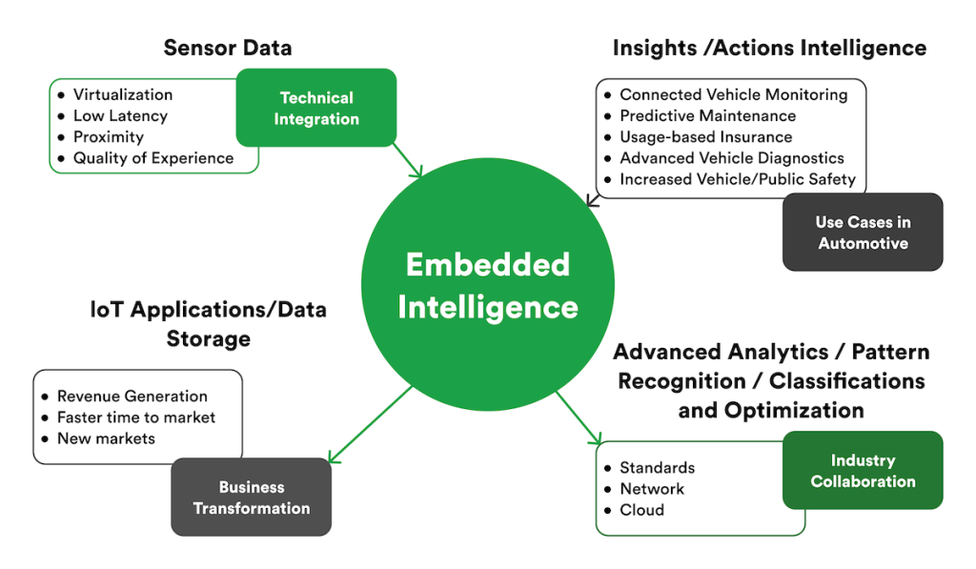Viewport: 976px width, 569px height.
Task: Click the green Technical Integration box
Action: coord(316,108)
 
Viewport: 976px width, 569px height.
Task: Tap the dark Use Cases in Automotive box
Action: coord(863,233)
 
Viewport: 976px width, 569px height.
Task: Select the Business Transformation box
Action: coord(251,498)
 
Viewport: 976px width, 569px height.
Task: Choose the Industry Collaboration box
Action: coord(863,471)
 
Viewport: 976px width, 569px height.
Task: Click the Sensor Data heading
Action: coord(228,48)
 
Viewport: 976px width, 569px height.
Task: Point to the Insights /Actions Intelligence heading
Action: coord(769,48)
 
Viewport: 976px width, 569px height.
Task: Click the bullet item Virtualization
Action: coord(123,95)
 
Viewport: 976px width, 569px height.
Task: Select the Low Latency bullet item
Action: coord(120,116)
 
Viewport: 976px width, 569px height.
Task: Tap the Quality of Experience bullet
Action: coord(152,158)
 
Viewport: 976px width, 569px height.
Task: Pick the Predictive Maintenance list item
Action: coord(707,116)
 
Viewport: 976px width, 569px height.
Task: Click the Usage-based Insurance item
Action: coord(705,137)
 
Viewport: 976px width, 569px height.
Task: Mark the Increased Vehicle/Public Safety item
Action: coord(737,179)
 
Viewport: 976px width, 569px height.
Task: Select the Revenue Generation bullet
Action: coord(132,396)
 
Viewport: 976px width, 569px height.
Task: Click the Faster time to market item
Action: coord(136,417)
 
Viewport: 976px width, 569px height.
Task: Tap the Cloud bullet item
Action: coord(641,510)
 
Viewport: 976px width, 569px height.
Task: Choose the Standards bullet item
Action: coord(657,468)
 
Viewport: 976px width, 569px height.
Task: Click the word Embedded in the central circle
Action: coord(488,264)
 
